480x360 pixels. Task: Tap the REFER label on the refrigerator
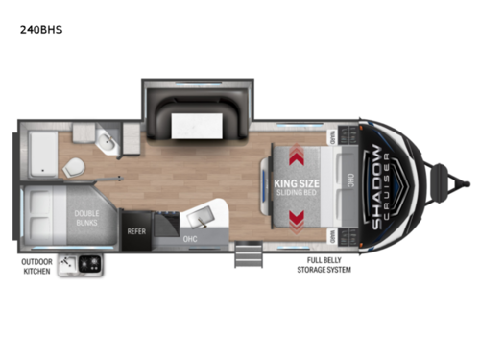(x=135, y=230)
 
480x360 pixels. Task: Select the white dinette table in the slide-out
(x=196, y=123)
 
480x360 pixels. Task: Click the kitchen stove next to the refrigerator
(x=164, y=228)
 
